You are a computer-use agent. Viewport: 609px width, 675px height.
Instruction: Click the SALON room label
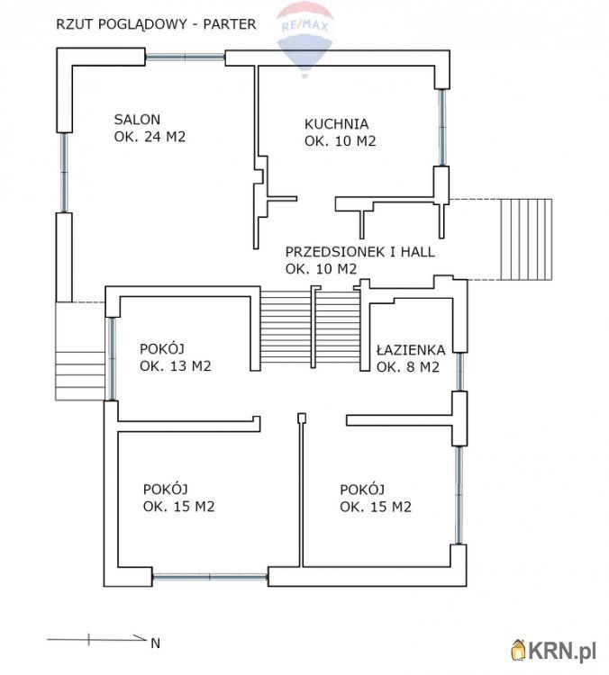pos(137,119)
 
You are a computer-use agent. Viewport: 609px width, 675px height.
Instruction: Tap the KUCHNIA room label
pos(336,124)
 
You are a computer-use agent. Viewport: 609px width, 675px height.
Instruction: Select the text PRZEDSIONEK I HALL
pos(359,252)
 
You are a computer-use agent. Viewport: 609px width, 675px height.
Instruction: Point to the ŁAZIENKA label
pos(410,349)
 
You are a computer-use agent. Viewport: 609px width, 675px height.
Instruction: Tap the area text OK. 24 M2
pos(150,137)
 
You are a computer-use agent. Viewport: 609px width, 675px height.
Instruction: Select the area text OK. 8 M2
pos(408,367)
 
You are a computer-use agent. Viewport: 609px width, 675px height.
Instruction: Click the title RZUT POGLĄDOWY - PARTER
pos(156,24)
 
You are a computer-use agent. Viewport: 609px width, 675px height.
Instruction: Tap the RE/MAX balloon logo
pos(304,39)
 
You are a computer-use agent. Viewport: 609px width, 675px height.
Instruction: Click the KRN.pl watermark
pos(553,650)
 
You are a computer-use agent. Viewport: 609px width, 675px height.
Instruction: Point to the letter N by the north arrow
pos(156,643)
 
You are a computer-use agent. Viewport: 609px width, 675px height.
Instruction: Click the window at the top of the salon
pos(186,57)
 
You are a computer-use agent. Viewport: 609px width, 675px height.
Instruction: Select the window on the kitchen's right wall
pos(441,128)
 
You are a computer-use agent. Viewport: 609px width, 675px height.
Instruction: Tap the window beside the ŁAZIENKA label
pos(459,372)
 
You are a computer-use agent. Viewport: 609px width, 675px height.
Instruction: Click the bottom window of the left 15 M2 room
pos(210,577)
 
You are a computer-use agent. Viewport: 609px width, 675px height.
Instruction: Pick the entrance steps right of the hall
pos(526,239)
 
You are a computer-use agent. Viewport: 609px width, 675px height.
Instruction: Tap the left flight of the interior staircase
pos(286,328)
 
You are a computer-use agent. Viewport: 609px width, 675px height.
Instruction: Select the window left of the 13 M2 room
pos(111,359)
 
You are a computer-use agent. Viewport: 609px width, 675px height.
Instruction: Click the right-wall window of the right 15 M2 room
pos(459,496)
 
